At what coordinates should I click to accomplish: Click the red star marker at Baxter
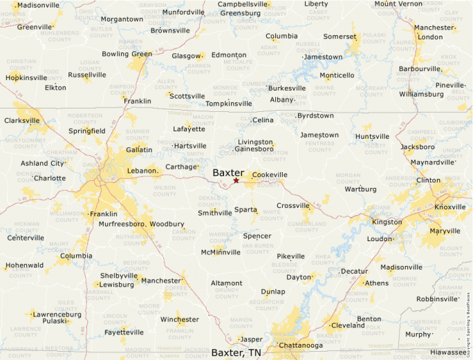tap(236, 181)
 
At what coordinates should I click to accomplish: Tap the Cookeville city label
tap(269, 175)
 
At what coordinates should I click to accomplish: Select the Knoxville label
tap(450, 207)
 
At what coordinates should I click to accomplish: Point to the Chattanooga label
tap(300, 345)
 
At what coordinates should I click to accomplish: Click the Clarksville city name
tap(22, 120)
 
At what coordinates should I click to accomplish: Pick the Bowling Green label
tap(127, 54)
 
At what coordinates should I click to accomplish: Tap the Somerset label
tap(340, 36)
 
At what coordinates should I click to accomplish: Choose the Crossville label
tap(293, 205)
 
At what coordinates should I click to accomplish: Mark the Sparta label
tap(245, 209)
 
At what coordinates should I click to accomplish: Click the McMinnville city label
tap(221, 252)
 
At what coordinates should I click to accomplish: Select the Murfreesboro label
tap(118, 225)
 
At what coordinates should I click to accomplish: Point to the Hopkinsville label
tap(26, 77)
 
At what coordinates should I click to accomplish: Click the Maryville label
tap(445, 231)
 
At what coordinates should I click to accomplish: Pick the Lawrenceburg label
tap(57, 314)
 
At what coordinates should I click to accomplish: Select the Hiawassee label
tap(447, 352)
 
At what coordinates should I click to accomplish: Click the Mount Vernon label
tap(398, 4)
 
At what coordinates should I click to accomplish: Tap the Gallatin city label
tap(139, 150)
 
